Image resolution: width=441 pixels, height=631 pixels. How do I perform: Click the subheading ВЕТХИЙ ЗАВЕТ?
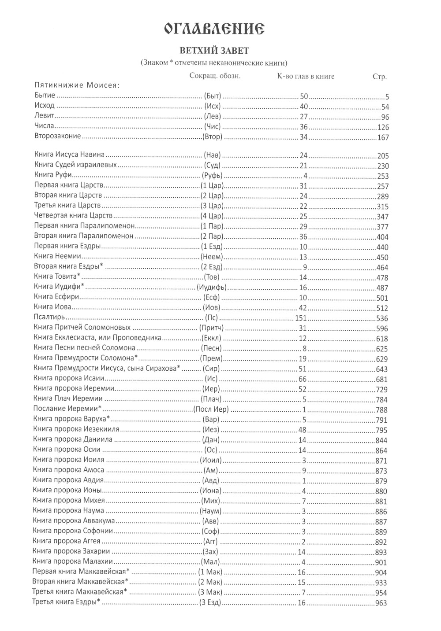coord(214,51)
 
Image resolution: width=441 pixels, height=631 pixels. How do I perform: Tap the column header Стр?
coord(379,77)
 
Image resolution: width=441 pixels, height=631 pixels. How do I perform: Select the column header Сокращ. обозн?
coord(215,76)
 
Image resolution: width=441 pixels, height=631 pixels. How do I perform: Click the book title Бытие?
coord(45,96)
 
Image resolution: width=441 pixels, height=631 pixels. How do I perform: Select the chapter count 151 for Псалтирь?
coord(300,318)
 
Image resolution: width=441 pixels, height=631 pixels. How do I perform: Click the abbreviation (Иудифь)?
coord(212,288)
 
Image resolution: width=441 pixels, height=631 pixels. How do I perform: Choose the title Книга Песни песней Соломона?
coord(84,348)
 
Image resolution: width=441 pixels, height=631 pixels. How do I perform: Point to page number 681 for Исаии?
coord(381,380)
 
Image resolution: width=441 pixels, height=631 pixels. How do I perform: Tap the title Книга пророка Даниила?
coord(73,439)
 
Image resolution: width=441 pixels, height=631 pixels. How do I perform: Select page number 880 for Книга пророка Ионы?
coord(381,491)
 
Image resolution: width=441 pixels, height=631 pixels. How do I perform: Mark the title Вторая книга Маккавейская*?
coord(81,582)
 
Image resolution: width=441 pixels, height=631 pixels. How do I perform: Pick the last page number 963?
coord(381,603)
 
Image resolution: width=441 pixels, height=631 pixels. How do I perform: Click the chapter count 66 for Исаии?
coord(302,379)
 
